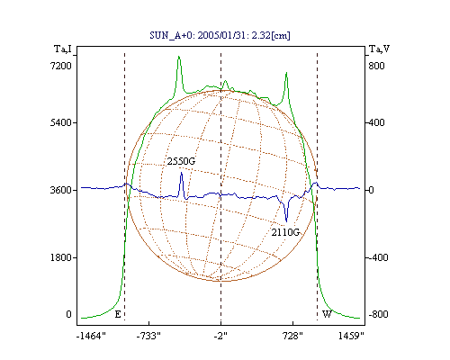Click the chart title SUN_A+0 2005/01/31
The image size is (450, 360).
coord(220,35)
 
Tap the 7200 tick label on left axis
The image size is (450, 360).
coord(61,66)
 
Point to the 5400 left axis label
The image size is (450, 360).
coord(61,122)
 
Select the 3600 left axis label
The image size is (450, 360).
coord(61,190)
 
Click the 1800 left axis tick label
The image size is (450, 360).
coord(61,257)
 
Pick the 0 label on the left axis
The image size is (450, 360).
coord(68,314)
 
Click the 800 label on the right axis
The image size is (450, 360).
coord(376,66)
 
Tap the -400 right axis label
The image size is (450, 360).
coord(378,257)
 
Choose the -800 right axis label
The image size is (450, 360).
coord(378,314)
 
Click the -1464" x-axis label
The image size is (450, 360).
coord(91,336)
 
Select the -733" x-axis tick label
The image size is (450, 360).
coord(148,336)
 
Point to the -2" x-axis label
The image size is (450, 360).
coord(220,336)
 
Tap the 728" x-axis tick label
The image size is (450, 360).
coord(292,336)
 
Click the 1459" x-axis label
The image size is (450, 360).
coord(351,336)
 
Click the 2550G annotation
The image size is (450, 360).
coord(181,161)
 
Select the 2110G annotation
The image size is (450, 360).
coord(285,232)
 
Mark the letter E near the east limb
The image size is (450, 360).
coord(118,314)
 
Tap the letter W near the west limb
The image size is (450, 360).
coord(327,314)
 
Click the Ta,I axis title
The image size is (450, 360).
coord(63,49)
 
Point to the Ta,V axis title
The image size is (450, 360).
coord(379,49)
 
